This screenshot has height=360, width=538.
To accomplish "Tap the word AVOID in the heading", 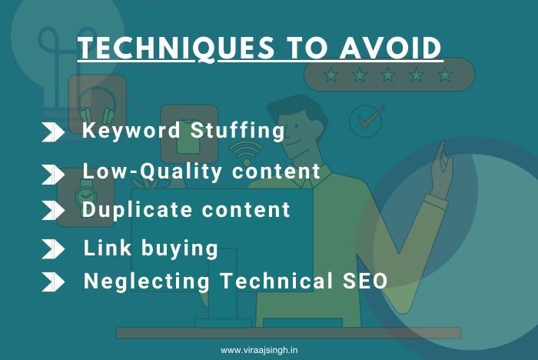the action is [390, 48].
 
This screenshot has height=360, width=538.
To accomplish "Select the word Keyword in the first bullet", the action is [131, 130].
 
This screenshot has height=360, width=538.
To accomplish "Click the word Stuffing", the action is [237, 131].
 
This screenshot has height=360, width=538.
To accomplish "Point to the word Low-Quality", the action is [152, 171].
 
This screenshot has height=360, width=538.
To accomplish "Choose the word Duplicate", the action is [137, 209].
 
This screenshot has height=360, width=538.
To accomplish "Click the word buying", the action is [180, 248].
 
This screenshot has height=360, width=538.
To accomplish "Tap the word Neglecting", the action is [147, 282].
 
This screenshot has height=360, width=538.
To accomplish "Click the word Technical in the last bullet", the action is [276, 281].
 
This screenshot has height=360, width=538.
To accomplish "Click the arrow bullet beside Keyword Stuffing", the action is [53, 132].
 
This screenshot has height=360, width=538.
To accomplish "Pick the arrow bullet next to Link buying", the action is [53, 248].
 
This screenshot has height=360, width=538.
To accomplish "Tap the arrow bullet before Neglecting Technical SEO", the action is [53, 282].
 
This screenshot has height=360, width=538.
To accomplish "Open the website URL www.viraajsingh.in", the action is [259, 350].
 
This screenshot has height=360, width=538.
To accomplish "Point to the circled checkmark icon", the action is [366, 121].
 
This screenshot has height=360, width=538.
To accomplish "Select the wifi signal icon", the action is [246, 153].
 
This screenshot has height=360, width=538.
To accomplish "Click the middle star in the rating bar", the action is [387, 74].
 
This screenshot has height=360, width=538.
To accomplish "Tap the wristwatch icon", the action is [85, 196].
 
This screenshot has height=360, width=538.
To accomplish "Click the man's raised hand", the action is [442, 168].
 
